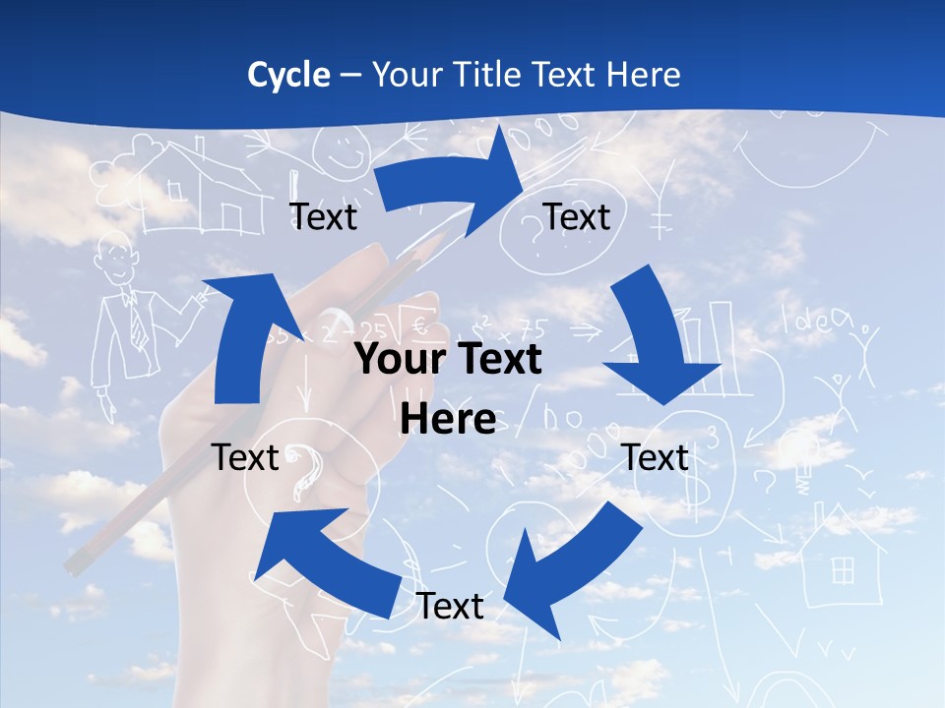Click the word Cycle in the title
coord(288,75)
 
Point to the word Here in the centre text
coord(448,420)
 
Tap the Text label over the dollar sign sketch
coord(656,458)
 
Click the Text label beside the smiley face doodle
coord(323,217)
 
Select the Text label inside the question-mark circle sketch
coord(577,217)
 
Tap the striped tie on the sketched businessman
coord(137,320)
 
